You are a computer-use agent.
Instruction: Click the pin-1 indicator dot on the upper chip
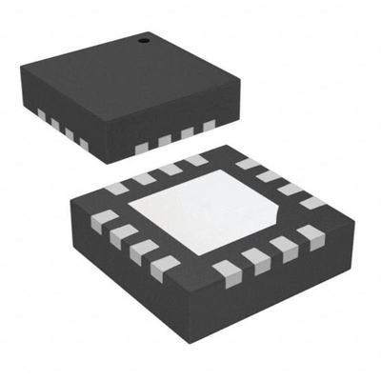[x=145, y=40]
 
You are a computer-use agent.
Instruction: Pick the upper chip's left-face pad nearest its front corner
[x=83, y=144]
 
